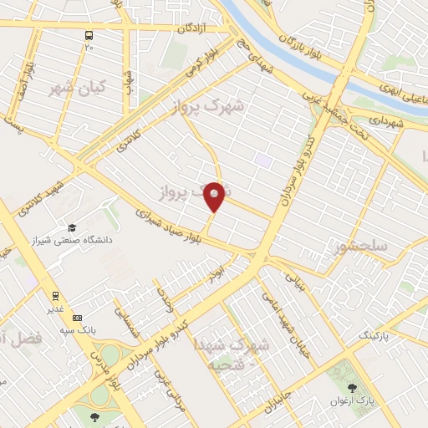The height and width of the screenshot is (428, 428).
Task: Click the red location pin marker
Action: (215, 196)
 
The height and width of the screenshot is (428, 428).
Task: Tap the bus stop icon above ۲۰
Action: (89, 36)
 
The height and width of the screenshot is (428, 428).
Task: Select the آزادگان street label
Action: (191, 28)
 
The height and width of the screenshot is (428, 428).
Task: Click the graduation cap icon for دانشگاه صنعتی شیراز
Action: (72, 227)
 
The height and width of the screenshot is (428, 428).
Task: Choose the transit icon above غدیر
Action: (55, 295)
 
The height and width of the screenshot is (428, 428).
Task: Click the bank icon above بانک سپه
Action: (78, 318)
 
